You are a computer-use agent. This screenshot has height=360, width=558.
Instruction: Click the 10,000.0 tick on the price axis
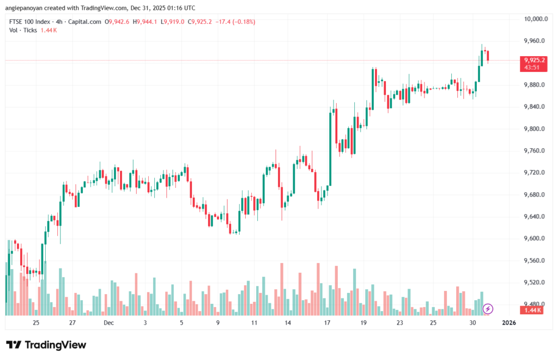(x=535, y=19)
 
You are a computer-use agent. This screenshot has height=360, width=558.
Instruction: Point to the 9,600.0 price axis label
(x=533, y=239)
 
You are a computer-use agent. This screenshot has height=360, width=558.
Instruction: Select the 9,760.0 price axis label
(x=533, y=151)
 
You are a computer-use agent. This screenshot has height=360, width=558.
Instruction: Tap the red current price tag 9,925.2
(x=534, y=60)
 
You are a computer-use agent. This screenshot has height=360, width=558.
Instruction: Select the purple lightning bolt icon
(x=488, y=309)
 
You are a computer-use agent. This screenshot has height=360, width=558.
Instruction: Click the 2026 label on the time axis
(x=508, y=323)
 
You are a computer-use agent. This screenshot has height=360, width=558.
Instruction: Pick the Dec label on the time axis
(x=108, y=323)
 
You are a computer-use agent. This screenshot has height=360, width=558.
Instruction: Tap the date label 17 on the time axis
(x=327, y=323)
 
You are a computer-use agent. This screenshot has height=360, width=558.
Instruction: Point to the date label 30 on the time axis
(x=472, y=323)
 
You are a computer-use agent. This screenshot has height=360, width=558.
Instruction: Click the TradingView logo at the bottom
(x=46, y=345)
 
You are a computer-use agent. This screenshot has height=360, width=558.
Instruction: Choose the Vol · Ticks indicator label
(x=23, y=30)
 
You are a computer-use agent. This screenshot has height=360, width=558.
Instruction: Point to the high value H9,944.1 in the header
(x=144, y=22)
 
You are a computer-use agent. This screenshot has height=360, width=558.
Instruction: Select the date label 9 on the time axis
(x=217, y=323)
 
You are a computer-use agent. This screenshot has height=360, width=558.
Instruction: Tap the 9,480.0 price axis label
(x=533, y=304)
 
